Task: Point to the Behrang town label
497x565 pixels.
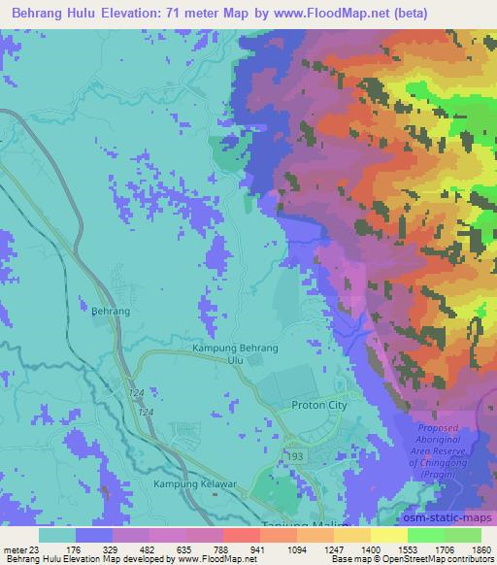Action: point(110,313)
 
